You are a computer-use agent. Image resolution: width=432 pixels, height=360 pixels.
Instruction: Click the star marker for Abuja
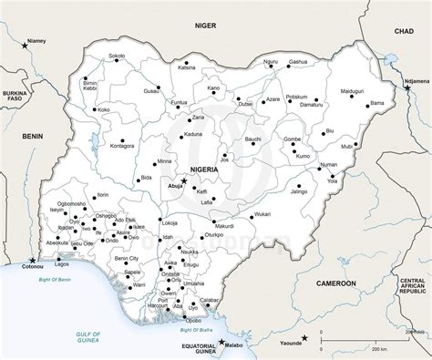point(184,181)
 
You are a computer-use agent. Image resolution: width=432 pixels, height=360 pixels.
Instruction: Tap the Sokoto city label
point(117,57)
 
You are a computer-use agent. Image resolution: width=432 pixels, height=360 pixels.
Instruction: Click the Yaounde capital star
point(305,339)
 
